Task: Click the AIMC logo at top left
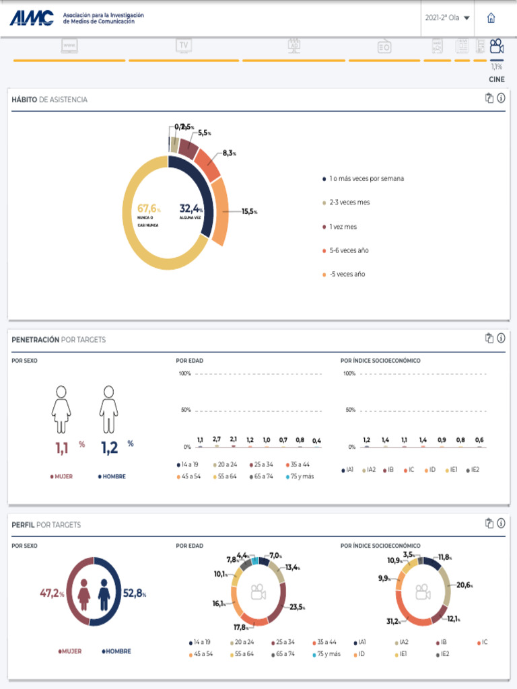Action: [x=32, y=18]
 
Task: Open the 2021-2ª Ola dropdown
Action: [x=448, y=18]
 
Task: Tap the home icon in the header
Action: [x=491, y=18]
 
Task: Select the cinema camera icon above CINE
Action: [x=497, y=46]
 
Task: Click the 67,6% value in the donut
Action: [x=148, y=209]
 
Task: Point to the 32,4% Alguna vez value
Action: [x=191, y=209]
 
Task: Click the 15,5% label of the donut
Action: [x=248, y=211]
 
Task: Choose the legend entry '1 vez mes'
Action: [x=343, y=227]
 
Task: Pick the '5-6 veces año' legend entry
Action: [x=349, y=250]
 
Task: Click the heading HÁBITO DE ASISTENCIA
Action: [x=49, y=100]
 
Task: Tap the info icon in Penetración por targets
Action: [x=501, y=338]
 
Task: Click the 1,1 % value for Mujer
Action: [x=63, y=447]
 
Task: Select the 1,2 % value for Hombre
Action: [x=110, y=447]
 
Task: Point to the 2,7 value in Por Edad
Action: [x=217, y=439]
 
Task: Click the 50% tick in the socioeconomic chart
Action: [x=350, y=410]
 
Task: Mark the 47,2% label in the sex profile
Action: [x=52, y=593]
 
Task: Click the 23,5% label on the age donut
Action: [x=296, y=607]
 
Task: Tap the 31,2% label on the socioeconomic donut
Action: [x=393, y=621]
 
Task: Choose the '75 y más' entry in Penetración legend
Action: [x=300, y=476]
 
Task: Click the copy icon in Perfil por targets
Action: [x=489, y=523]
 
